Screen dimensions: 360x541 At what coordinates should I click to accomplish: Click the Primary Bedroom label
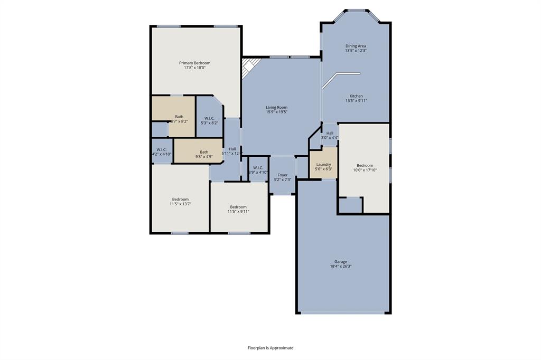[194, 63]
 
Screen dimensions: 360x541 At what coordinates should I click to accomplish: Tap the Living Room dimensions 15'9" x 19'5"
[277, 112]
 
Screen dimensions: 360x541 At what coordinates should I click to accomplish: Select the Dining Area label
[356, 46]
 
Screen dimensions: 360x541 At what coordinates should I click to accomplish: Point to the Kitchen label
[356, 96]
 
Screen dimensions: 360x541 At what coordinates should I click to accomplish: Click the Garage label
[340, 262]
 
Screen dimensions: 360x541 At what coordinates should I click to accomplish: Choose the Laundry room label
[323, 164]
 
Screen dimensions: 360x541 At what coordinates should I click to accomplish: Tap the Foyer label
[283, 175]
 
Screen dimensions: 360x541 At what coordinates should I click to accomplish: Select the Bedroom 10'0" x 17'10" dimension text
[365, 170]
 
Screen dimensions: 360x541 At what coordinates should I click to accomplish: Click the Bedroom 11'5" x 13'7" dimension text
[180, 204]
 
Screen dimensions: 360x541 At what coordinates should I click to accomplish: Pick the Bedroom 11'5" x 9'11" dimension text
[238, 211]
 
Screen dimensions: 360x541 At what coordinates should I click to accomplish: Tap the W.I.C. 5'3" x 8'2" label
[209, 123]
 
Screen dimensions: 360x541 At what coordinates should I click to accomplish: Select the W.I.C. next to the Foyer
[258, 170]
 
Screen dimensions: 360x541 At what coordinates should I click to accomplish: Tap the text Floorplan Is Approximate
[270, 348]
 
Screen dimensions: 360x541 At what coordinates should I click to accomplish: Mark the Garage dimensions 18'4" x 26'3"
[340, 267]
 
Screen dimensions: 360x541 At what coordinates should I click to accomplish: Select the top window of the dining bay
[357, 10]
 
